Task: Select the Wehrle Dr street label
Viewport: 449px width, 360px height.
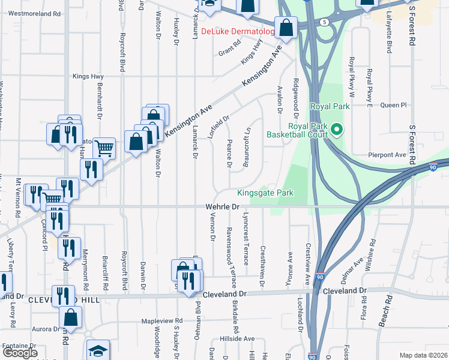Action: coord(218,206)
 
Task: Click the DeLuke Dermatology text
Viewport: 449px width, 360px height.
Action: coord(237,31)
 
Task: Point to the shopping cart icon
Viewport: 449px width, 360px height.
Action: coord(104,147)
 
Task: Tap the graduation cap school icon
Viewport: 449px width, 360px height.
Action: coord(98,351)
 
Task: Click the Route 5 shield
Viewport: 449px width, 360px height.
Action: coord(325,22)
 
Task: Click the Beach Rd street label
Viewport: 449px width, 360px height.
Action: coord(385,311)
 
